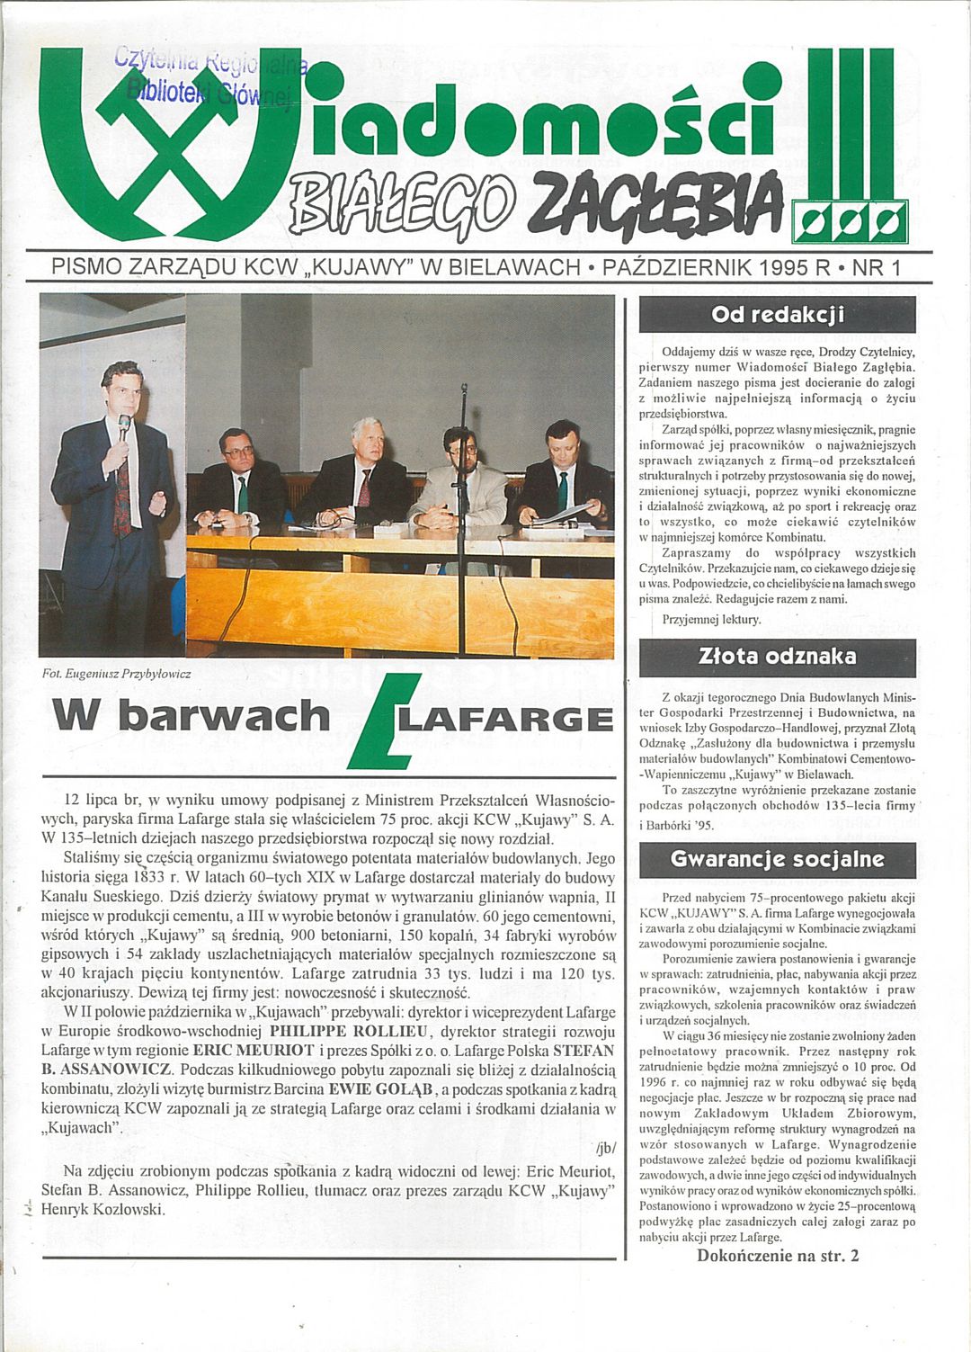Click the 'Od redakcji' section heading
777,315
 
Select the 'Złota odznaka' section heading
777,658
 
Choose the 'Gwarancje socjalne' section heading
777,859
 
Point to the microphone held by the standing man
125,423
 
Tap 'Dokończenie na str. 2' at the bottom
778,1255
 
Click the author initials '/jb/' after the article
603,1149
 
